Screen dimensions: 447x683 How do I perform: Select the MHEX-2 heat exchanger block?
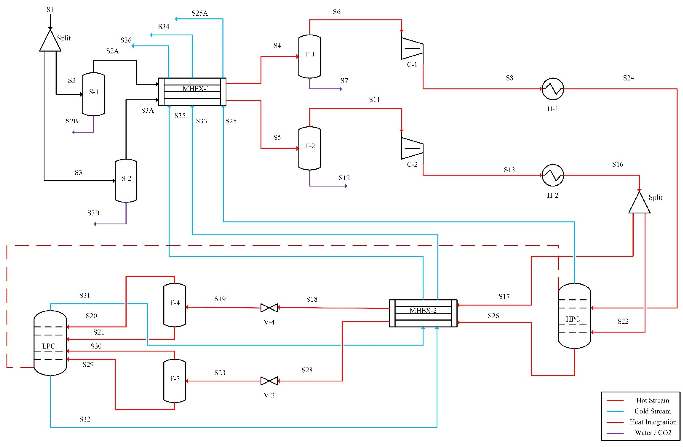pyautogui.click(x=423, y=313)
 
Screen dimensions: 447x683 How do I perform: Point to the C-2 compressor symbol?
pyautogui.click(x=412, y=148)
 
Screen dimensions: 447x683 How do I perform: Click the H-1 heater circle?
pyautogui.click(x=553, y=89)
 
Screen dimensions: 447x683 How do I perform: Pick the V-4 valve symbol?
pyautogui.click(x=269, y=308)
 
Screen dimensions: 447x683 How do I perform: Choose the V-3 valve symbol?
pyautogui.click(x=269, y=381)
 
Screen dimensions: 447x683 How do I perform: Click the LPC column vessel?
pyautogui.click(x=50, y=343)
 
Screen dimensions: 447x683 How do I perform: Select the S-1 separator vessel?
pyautogui.click(x=94, y=94)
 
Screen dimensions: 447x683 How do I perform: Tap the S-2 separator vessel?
pyautogui.click(x=126, y=180)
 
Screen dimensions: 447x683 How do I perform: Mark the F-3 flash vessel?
pyautogui.click(x=174, y=381)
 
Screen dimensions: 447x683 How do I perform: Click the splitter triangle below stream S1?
pyautogui.click(x=50, y=42)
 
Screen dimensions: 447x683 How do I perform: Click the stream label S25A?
pyautogui.click(x=200, y=13)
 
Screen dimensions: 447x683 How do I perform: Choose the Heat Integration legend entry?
pyautogui.click(x=653, y=422)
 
